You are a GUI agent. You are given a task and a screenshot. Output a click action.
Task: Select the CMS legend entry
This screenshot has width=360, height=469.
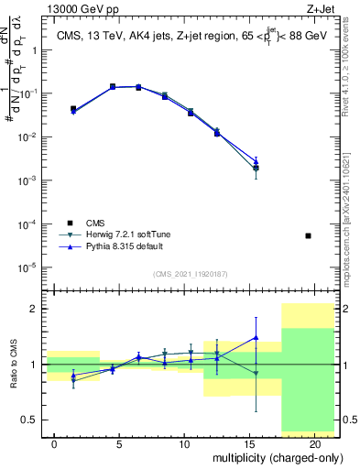pos(96,223)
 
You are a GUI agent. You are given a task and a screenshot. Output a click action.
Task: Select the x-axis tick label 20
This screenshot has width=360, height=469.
pos(314,443)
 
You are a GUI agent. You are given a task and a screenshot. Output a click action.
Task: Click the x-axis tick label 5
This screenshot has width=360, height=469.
pos(119,443)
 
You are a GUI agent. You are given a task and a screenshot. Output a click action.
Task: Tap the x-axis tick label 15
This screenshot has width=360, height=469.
pos(249,443)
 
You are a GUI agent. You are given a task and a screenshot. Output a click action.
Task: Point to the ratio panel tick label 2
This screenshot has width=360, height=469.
pos(34,310)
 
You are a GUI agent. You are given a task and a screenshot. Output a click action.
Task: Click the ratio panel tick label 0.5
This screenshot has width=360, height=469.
pos(29,420)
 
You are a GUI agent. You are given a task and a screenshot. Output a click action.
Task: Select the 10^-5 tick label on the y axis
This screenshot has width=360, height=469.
pos(27,267)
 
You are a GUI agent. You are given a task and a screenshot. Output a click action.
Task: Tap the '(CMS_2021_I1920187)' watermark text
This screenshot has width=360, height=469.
pos(191,273)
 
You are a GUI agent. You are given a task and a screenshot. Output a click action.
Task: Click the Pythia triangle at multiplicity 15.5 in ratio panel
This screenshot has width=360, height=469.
pos(256,337)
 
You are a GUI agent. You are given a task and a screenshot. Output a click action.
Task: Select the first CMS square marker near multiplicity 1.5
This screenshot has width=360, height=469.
pos(73,109)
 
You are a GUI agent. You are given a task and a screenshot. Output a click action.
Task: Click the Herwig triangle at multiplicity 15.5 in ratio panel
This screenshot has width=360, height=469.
pos(256,374)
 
